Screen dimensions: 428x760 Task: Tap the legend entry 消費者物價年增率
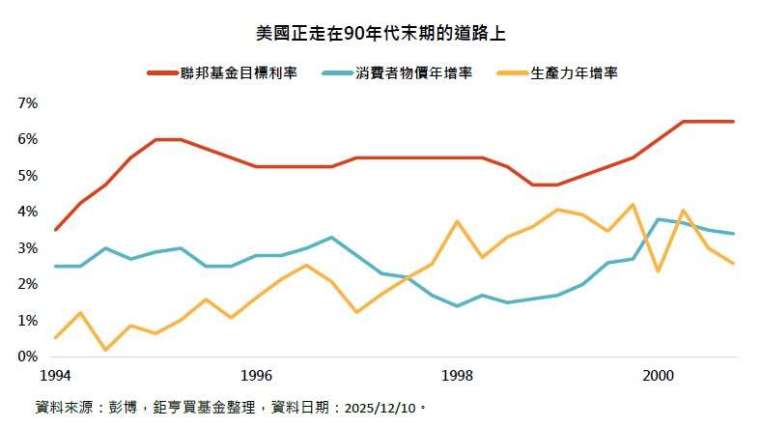pyautogui.click(x=413, y=73)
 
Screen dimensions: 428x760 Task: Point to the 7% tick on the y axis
pyautogui.click(x=27, y=103)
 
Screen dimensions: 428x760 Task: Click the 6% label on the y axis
pyautogui.click(x=27, y=139)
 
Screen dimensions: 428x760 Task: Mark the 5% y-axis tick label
pyautogui.click(x=27, y=176)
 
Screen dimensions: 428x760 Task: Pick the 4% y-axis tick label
pyautogui.click(x=27, y=212)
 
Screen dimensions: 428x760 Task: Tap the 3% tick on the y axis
pyautogui.click(x=27, y=248)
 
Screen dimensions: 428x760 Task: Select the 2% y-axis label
pyautogui.click(x=27, y=284)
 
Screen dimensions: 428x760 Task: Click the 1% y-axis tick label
pyautogui.click(x=27, y=320)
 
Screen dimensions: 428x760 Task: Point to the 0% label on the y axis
pyautogui.click(x=27, y=356)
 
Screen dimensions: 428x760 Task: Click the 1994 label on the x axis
pyautogui.click(x=56, y=375)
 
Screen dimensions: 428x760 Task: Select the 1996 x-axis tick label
pyautogui.click(x=257, y=375)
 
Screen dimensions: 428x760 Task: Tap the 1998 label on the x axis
pyautogui.click(x=457, y=375)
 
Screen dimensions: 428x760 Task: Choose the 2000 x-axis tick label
pyautogui.click(x=658, y=375)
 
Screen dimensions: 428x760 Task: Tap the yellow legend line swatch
pyautogui.click(x=510, y=73)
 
